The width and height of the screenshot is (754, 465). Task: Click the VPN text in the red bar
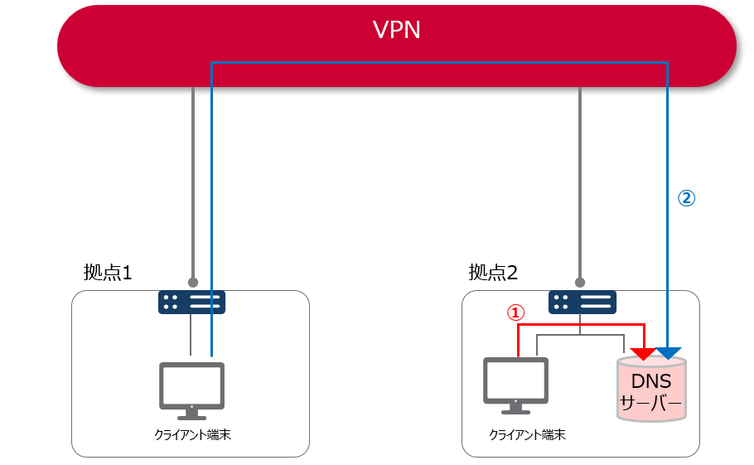[x=396, y=31]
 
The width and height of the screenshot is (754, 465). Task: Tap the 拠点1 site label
[x=108, y=272]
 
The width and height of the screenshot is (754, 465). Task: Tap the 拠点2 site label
[x=494, y=272]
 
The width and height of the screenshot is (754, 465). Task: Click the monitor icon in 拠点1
[x=191, y=386]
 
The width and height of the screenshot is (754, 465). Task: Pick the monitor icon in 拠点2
[x=515, y=383]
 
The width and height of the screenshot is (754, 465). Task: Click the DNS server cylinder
[x=651, y=389]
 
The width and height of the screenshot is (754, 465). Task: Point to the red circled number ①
[x=515, y=312]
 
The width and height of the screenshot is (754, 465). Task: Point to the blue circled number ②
[x=686, y=198]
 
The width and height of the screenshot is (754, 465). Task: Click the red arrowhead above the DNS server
[x=643, y=354]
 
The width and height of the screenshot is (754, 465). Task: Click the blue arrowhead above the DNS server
[x=668, y=353]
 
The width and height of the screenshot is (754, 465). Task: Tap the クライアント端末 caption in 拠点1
[x=192, y=434]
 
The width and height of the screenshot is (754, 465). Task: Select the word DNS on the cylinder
[x=651, y=382]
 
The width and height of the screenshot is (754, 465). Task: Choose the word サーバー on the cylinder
[x=651, y=404]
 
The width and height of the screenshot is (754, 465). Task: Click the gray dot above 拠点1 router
[x=192, y=281]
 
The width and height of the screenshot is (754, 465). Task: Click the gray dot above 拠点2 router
[x=581, y=281]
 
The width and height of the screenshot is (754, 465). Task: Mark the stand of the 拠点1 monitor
[x=191, y=412]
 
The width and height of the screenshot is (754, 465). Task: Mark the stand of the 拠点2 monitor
[x=515, y=408]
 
